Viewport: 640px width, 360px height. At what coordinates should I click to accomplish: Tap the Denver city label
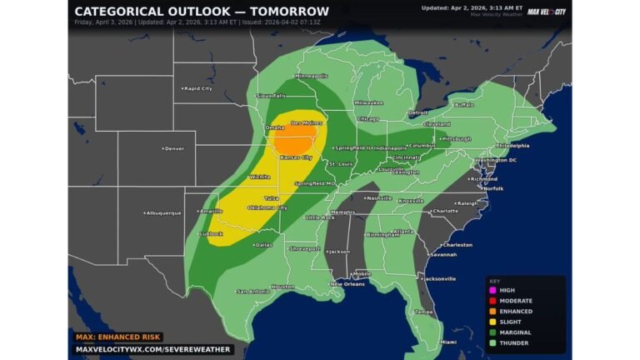click(173, 148)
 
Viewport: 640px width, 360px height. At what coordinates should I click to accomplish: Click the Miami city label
click(448, 342)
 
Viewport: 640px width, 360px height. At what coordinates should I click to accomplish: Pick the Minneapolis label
click(311, 76)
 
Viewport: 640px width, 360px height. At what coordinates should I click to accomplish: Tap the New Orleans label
click(347, 284)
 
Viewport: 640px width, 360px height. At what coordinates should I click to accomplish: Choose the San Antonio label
click(252, 291)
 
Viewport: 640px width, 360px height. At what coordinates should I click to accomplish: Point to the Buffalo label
click(463, 105)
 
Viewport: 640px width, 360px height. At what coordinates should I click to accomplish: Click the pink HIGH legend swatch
click(492, 290)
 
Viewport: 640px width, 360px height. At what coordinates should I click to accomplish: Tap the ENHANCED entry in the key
click(516, 311)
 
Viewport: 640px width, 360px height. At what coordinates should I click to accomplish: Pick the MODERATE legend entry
click(516, 300)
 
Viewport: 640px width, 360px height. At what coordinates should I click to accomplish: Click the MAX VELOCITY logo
click(546, 12)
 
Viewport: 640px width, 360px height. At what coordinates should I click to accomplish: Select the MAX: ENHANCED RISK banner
click(116, 336)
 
